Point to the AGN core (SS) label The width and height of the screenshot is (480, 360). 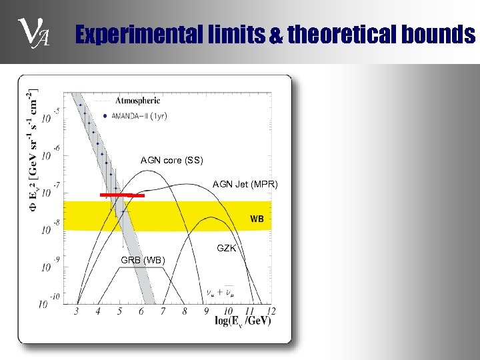[x=171, y=160]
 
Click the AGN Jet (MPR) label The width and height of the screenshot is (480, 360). [x=245, y=184]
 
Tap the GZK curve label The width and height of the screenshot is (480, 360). [x=226, y=248]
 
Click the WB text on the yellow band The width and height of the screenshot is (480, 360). [x=257, y=219]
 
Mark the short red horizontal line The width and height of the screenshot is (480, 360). [x=122, y=195]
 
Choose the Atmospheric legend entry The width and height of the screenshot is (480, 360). [x=137, y=101]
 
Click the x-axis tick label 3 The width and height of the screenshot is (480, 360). [x=77, y=311]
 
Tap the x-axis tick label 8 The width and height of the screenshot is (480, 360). [x=185, y=311]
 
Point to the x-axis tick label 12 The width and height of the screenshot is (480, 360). [x=270, y=311]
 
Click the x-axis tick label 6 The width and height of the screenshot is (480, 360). [x=142, y=311]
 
